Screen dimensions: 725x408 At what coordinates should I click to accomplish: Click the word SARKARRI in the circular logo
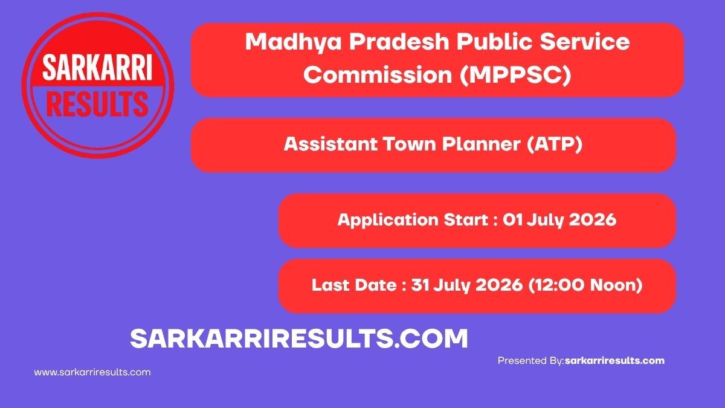pyautogui.click(x=97, y=67)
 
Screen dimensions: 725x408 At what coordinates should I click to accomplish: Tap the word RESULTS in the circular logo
pyautogui.click(x=97, y=104)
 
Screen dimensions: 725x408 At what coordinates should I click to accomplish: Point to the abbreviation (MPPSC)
pyautogui.click(x=515, y=75)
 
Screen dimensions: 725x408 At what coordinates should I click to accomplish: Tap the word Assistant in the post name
pyautogui.click(x=330, y=144)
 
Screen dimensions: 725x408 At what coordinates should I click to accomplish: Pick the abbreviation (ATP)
pyautogui.click(x=555, y=144)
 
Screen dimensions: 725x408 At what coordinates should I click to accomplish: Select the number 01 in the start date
pyautogui.click(x=513, y=219)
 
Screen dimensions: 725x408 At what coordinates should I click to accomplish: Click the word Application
pyautogui.click(x=388, y=220)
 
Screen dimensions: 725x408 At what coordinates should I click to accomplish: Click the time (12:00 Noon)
pyautogui.click(x=585, y=285)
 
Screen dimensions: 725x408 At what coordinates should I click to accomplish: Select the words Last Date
pyautogui.click(x=354, y=285)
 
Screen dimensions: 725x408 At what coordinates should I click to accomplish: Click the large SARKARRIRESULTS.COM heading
pyautogui.click(x=298, y=338)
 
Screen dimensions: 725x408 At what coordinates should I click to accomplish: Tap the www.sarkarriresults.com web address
pyautogui.click(x=92, y=372)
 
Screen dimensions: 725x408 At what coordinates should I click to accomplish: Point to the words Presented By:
pyautogui.click(x=531, y=361)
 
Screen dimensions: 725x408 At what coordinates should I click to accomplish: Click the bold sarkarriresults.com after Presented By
pyautogui.click(x=614, y=361)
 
